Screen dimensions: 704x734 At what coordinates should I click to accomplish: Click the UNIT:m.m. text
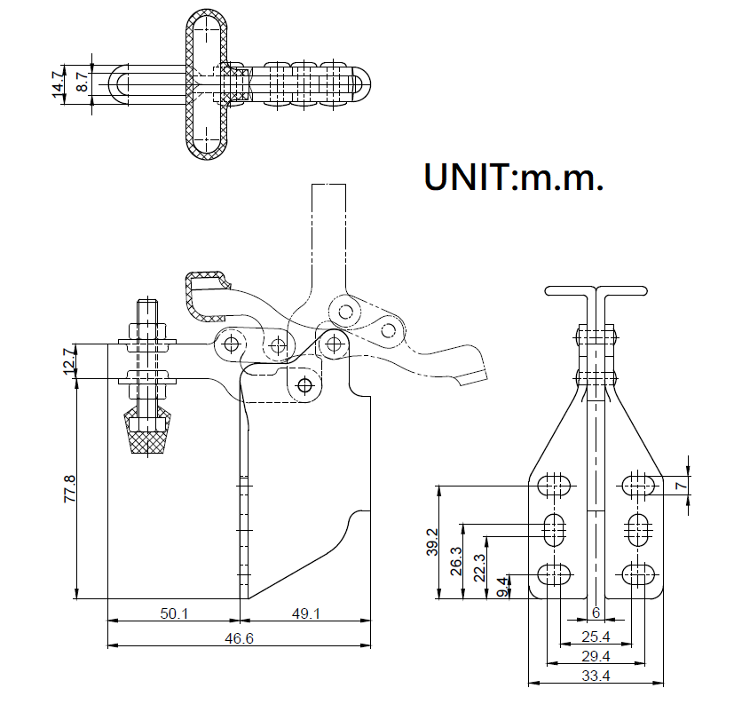pyautogui.click(x=514, y=177)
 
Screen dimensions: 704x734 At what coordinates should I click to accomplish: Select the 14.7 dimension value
pyautogui.click(x=59, y=86)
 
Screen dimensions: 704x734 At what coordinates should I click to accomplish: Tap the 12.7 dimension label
pyautogui.click(x=69, y=362)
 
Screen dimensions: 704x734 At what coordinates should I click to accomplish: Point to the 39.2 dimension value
pyautogui.click(x=432, y=542)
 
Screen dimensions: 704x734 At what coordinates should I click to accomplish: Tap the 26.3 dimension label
pyautogui.click(x=456, y=562)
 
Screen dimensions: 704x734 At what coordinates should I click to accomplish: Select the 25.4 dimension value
pyautogui.click(x=595, y=637)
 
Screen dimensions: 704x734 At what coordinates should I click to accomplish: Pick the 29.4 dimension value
pyautogui.click(x=595, y=656)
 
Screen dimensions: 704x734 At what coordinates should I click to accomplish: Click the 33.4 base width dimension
pyautogui.click(x=595, y=676)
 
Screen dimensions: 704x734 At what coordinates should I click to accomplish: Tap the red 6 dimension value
pyautogui.click(x=596, y=613)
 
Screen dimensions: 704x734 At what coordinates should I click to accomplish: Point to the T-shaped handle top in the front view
pyautogui.click(x=596, y=290)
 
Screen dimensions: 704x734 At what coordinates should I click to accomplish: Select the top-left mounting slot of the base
pyautogui.click(x=556, y=486)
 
